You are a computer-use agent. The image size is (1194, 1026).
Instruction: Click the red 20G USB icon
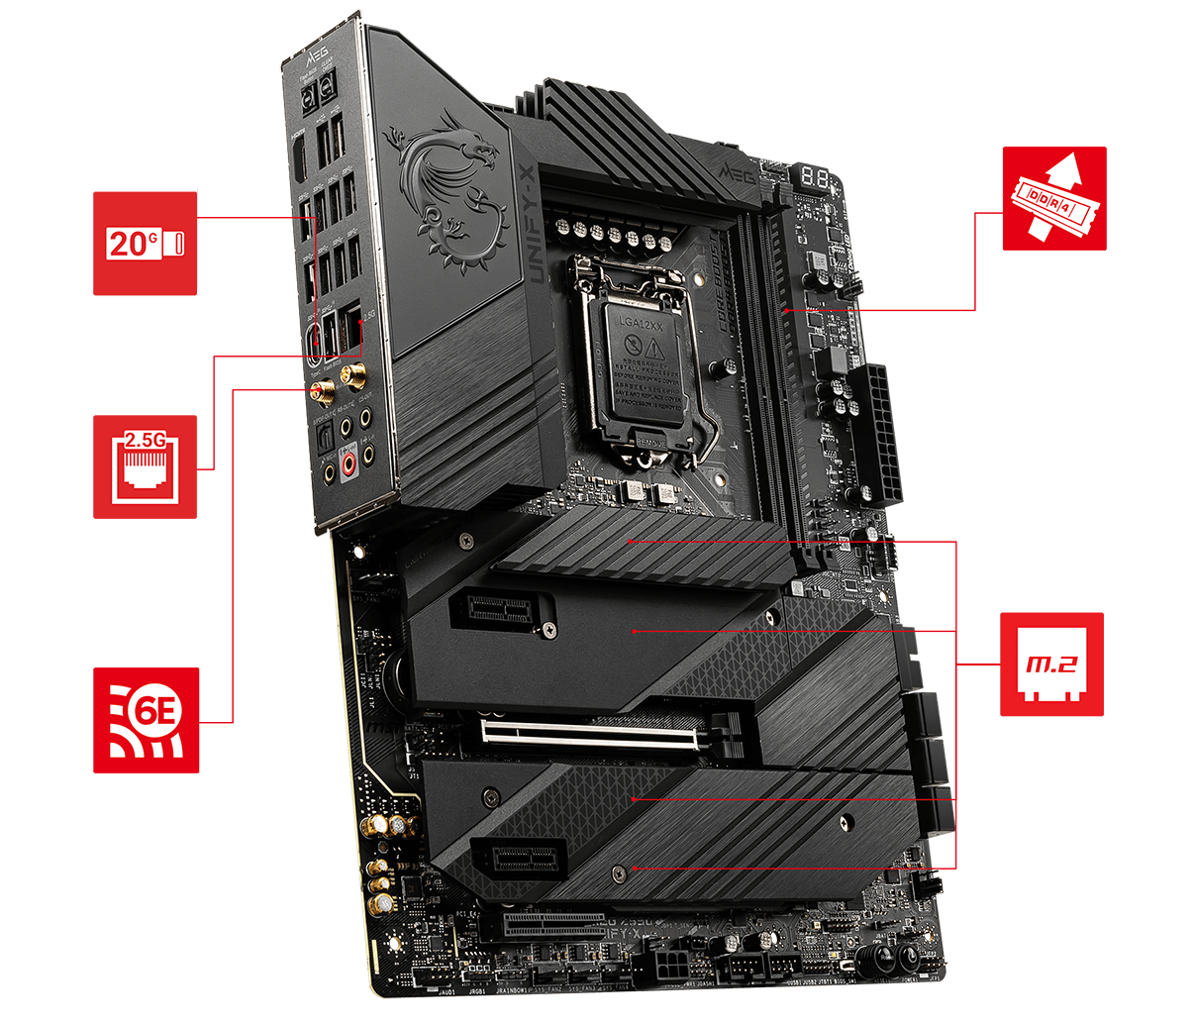146,244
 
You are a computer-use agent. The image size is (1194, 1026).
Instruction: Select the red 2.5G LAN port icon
146,466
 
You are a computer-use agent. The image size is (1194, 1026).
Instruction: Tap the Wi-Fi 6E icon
146,719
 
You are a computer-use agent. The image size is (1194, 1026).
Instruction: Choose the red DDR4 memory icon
1053,198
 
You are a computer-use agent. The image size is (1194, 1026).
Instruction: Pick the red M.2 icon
1051,664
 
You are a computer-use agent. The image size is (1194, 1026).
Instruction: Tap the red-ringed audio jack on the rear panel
349,462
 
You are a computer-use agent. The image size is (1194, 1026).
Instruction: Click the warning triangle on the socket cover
651,348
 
